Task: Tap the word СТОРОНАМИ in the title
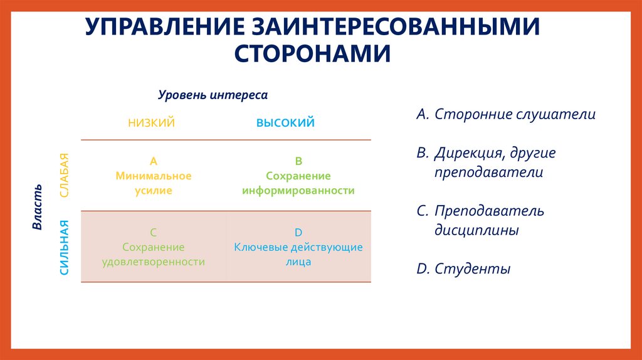point(313,53)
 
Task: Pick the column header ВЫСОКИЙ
point(285,123)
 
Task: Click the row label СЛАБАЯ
point(63,176)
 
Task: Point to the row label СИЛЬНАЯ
point(63,248)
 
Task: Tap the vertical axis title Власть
point(37,206)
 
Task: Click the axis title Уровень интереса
point(213,95)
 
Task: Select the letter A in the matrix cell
point(153,161)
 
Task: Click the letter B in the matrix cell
point(298,161)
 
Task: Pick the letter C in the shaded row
point(154,231)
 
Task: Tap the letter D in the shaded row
point(298,231)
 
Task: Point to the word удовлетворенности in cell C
point(154,262)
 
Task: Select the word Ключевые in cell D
point(257,246)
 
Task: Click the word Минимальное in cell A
point(154,176)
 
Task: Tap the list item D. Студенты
point(463,269)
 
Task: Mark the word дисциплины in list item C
point(477,230)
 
